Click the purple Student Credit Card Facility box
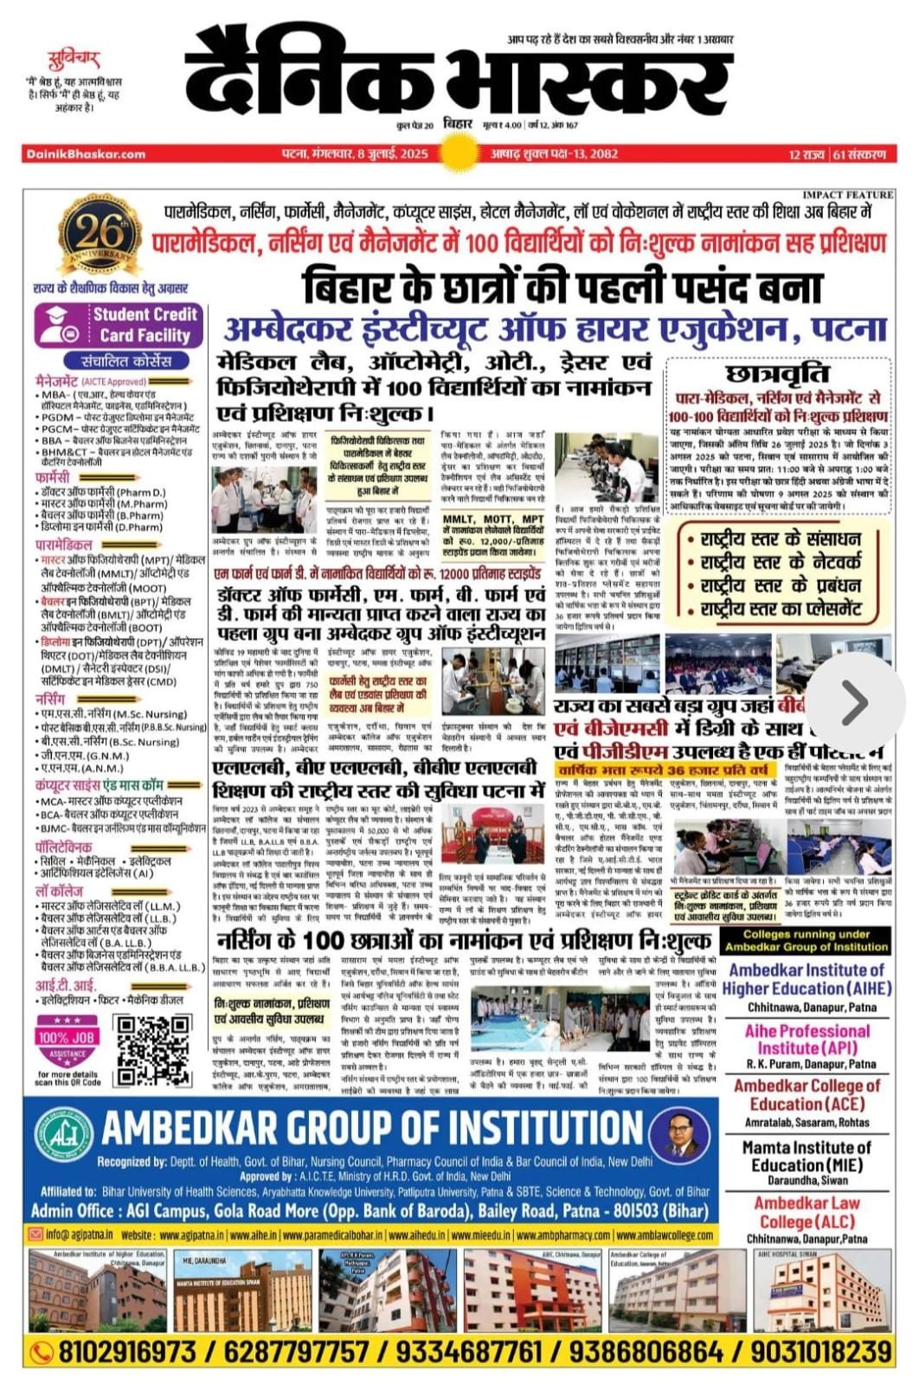[119, 325]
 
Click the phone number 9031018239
[821, 1351]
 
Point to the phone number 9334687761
[471, 1351]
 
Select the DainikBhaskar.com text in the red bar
[86, 154]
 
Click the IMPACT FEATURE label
[847, 196]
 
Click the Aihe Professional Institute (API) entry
[807, 1046]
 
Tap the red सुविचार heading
[73, 60]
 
